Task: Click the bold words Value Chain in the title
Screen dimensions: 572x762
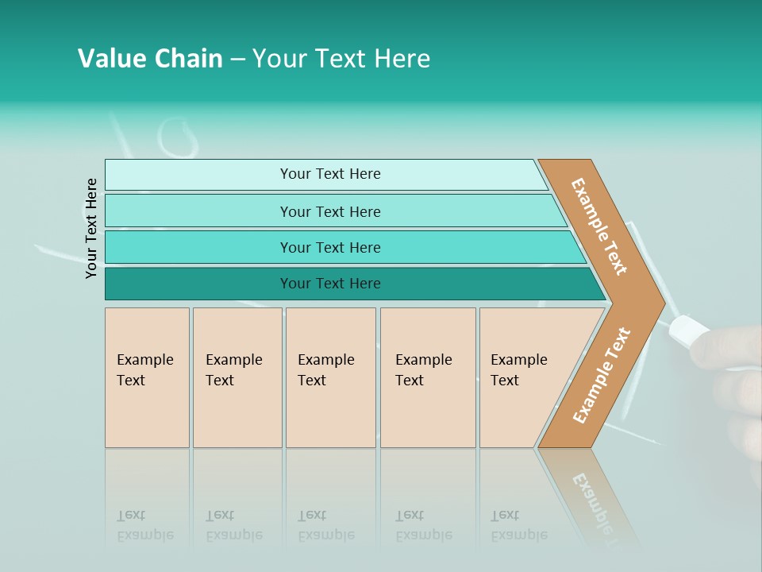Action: pos(150,59)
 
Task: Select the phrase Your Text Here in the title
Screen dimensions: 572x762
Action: pos(341,59)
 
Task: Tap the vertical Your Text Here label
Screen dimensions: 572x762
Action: pos(92,228)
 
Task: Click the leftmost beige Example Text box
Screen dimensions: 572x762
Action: pos(147,377)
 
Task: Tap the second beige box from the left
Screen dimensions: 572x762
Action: pos(237,377)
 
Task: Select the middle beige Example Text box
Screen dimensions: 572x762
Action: pos(330,377)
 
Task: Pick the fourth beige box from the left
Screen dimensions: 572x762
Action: pos(428,377)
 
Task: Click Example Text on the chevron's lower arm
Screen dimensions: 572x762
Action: pos(602,376)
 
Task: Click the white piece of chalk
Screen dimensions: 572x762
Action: pos(689,329)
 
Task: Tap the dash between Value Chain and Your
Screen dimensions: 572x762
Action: pos(237,60)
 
